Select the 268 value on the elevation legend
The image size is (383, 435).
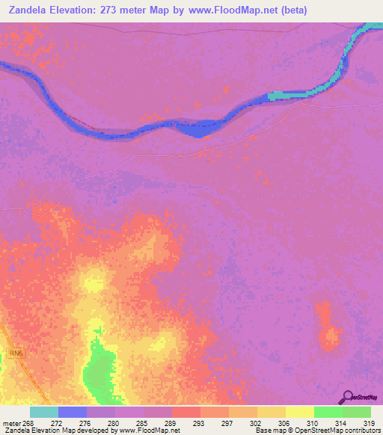click(x=29, y=423)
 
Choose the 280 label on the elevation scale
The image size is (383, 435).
click(x=114, y=423)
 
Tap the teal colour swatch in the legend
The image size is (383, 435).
click(x=43, y=412)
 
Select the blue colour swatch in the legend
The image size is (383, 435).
click(x=72, y=412)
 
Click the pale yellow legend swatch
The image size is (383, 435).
click(x=299, y=412)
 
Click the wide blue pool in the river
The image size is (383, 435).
click(x=194, y=129)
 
